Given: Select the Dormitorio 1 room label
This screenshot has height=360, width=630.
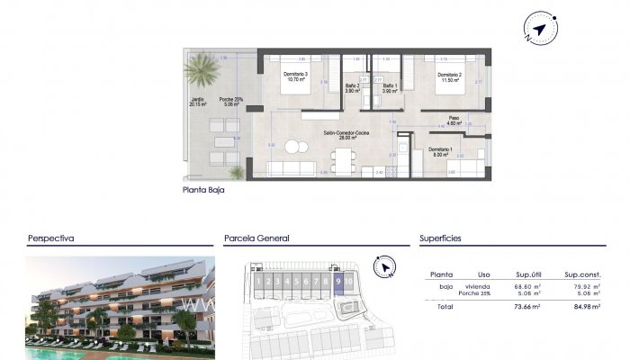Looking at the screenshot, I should tap(439, 150).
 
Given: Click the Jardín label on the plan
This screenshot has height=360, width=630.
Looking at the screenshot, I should tap(197, 101).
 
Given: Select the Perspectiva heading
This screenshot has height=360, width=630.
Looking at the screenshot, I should tap(50, 238).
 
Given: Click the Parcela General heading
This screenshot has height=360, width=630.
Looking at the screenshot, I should tap(256, 238).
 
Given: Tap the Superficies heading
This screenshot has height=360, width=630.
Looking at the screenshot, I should tap(442, 238).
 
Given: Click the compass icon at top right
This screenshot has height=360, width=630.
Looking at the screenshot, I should tap(538, 31).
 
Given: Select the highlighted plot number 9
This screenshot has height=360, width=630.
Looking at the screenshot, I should tap(337, 282).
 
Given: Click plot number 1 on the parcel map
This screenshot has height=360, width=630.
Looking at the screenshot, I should tap(258, 282).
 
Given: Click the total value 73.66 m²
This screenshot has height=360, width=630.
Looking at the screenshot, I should tap(527, 307).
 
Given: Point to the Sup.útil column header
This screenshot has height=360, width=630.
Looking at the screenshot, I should tap(526, 274).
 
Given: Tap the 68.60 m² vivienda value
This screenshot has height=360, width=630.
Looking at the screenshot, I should tap(527, 284).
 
